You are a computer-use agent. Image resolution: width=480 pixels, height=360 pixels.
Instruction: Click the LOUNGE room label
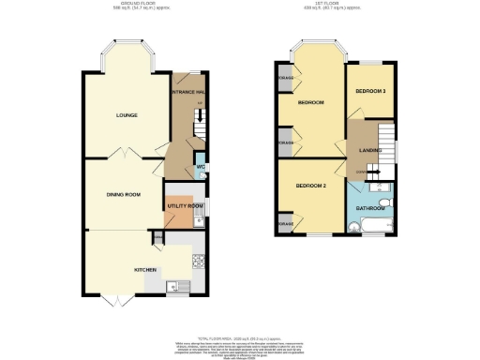[127, 115]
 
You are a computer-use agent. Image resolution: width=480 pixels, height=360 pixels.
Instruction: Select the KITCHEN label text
[144, 270]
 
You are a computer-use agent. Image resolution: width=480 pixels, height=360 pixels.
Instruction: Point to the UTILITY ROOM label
[185, 206]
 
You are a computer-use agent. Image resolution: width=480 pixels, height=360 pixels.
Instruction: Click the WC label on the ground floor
[200, 169]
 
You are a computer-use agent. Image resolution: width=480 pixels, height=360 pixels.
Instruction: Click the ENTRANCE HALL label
[187, 92]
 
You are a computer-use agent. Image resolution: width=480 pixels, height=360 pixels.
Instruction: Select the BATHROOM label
[369, 208]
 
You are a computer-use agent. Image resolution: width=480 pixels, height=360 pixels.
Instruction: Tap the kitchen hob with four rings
[198, 260]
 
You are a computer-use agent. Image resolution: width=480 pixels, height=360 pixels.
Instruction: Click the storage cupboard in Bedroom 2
[284, 225]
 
